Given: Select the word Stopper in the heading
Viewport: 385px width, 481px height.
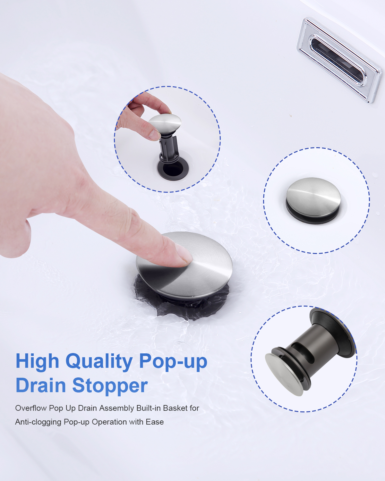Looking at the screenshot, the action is [110, 386].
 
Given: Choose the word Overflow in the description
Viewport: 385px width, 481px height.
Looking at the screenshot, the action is [31, 408].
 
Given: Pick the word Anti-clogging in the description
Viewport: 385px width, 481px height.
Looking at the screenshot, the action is [38, 422].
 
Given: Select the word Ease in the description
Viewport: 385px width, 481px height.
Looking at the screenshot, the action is [155, 422].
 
